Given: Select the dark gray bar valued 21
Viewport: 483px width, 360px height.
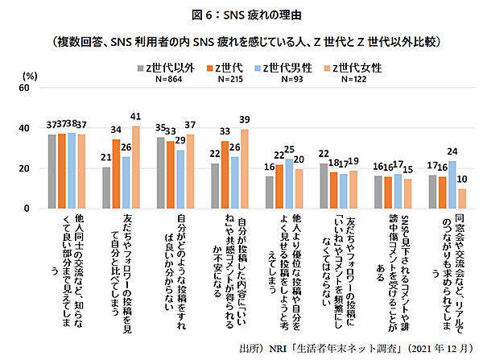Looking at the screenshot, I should pos(106,188).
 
